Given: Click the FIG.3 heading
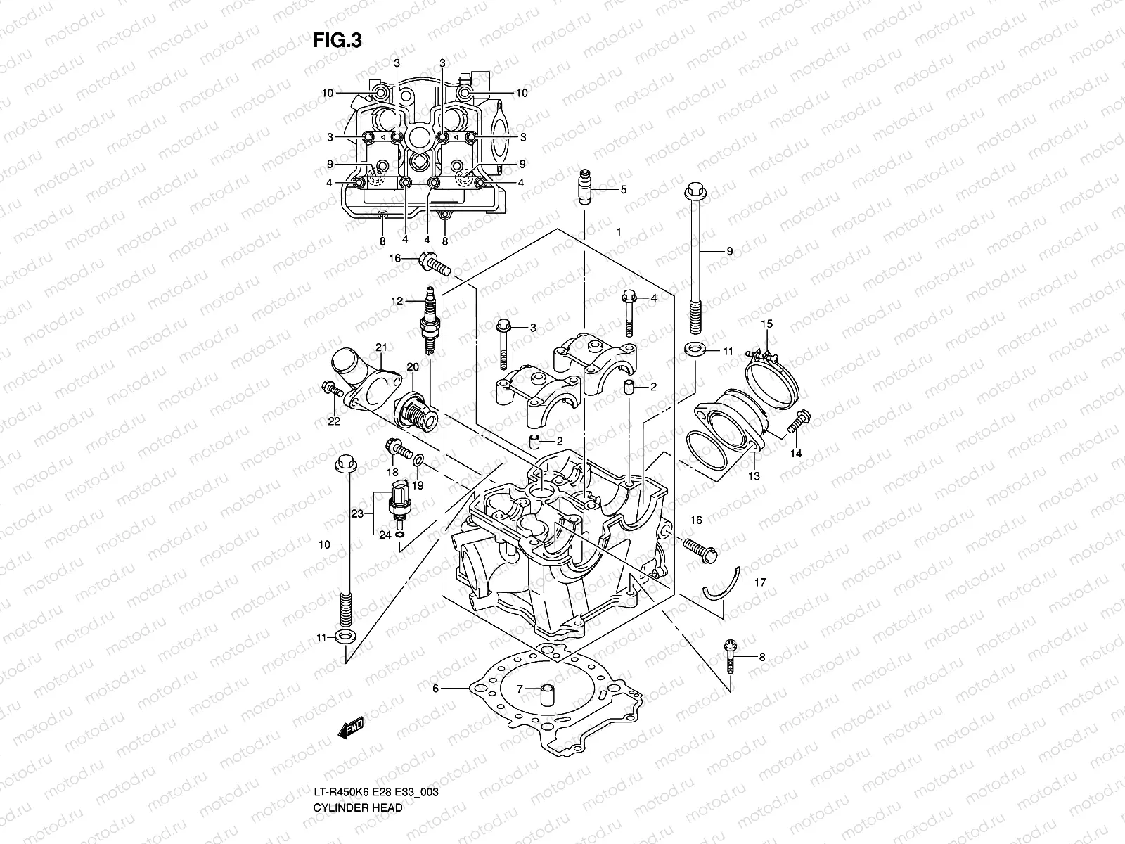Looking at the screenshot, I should [337, 41].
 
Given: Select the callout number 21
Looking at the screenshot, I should [382, 347].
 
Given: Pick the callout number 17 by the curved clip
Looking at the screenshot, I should [760, 582].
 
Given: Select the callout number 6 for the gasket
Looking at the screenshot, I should [435, 689].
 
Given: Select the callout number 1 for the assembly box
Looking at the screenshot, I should [618, 231].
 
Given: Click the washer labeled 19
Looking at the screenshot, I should [418, 460].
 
